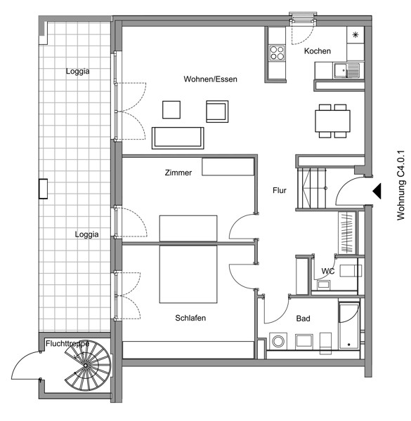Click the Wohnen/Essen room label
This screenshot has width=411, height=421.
click(210, 79)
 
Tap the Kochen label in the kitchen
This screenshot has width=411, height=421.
click(317, 51)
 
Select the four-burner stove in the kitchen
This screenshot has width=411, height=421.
click(277, 53)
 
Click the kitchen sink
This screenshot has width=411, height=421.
click(347, 71)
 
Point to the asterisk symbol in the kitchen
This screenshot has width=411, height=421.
click(355, 34)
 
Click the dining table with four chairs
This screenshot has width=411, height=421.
click(332, 121)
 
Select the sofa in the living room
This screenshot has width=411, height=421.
click(178, 138)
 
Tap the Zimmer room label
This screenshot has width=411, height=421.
click(178, 173)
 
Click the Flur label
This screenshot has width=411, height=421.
click(280, 190)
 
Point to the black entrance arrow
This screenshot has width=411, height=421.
click(377, 191)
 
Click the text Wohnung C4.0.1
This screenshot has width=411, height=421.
click(400, 185)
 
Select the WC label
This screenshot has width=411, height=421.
click(328, 271)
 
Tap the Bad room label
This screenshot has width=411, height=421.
click(303, 319)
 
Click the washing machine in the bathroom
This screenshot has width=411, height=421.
click(278, 341)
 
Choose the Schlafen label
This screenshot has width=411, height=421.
click(190, 318)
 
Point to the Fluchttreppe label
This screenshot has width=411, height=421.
click(67, 344)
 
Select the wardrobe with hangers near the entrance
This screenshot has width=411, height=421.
click(347, 232)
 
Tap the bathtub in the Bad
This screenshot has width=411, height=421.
click(349, 326)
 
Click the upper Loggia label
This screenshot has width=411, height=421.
click(78, 72)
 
